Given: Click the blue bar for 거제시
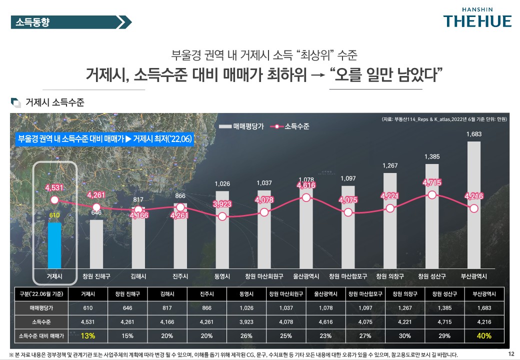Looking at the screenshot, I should click(54, 245).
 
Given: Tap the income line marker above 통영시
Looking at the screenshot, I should click(222, 216).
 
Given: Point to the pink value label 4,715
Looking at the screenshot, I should click(431, 183).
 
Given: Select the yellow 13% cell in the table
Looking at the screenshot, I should click(87, 335).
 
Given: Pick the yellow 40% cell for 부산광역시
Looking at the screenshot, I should click(484, 335).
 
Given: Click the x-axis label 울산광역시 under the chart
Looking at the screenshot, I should click(306, 276).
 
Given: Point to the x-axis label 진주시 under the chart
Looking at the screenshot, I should click(180, 276).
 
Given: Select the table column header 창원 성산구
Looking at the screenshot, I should click(444, 293).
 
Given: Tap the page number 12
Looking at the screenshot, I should click(511, 354).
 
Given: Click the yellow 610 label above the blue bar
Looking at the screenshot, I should click(54, 215).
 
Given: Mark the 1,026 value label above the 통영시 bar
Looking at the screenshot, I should click(222, 184).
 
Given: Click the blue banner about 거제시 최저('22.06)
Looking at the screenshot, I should click(105, 138).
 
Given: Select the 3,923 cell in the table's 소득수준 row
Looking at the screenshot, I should click(246, 321).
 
